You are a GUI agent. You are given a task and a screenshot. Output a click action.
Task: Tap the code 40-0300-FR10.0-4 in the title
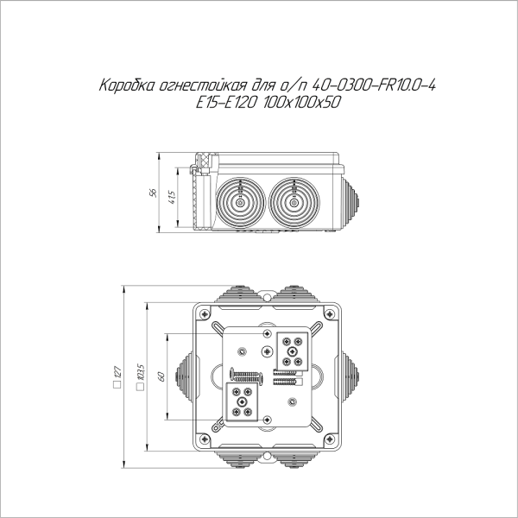(x=374, y=85)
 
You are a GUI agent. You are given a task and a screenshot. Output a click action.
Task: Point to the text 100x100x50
(x=301, y=103)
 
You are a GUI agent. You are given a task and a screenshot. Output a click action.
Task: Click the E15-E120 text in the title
(x=226, y=103)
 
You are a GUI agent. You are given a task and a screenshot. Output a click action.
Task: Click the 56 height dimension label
(x=153, y=193)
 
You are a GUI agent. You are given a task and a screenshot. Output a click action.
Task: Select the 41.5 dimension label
(x=172, y=197)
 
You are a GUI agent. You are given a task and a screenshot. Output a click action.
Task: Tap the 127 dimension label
(x=117, y=372)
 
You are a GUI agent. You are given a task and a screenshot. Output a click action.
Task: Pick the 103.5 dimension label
(x=141, y=372)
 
